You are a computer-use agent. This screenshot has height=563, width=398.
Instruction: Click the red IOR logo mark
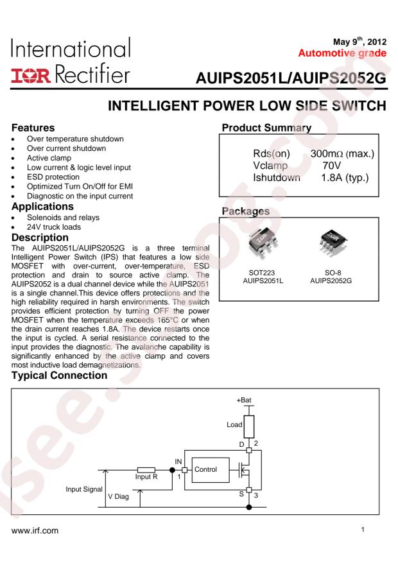pyautogui.click(x=31, y=75)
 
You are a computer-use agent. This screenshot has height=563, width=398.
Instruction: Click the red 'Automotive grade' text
pyautogui.click(x=342, y=53)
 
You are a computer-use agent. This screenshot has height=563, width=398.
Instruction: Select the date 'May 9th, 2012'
pyautogui.click(x=359, y=41)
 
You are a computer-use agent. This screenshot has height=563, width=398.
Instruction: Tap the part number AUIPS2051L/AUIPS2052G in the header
pyautogui.click(x=291, y=78)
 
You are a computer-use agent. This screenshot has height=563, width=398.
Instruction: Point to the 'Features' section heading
pyautogui.click(x=33, y=128)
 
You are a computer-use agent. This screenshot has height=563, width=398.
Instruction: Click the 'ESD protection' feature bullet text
pyautogui.click(x=53, y=177)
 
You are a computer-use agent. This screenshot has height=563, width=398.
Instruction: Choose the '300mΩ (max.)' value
pyautogui.click(x=342, y=153)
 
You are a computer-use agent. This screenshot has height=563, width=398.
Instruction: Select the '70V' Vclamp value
pyautogui.click(x=332, y=166)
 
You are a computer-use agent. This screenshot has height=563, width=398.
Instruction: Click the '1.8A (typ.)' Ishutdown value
pyautogui.click(x=345, y=177)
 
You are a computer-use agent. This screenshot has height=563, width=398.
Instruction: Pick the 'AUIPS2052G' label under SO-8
pyautogui.click(x=331, y=281)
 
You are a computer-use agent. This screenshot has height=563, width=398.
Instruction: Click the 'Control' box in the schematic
pyautogui.click(x=211, y=470)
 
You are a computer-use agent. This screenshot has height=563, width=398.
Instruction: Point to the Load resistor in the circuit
pyautogui.click(x=248, y=427)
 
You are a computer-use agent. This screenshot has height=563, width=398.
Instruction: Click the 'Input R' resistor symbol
pyautogui.click(x=146, y=470)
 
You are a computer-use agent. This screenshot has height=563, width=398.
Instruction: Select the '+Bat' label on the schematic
pyautogui.click(x=244, y=400)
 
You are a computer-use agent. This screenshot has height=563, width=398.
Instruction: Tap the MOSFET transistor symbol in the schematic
pyautogui.click(x=245, y=470)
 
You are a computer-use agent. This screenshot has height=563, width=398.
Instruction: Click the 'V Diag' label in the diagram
pyautogui.click(x=118, y=497)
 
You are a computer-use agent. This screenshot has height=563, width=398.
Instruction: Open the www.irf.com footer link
pyautogui.click(x=35, y=531)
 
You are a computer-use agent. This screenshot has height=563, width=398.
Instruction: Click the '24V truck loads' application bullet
pyautogui.click(x=54, y=227)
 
